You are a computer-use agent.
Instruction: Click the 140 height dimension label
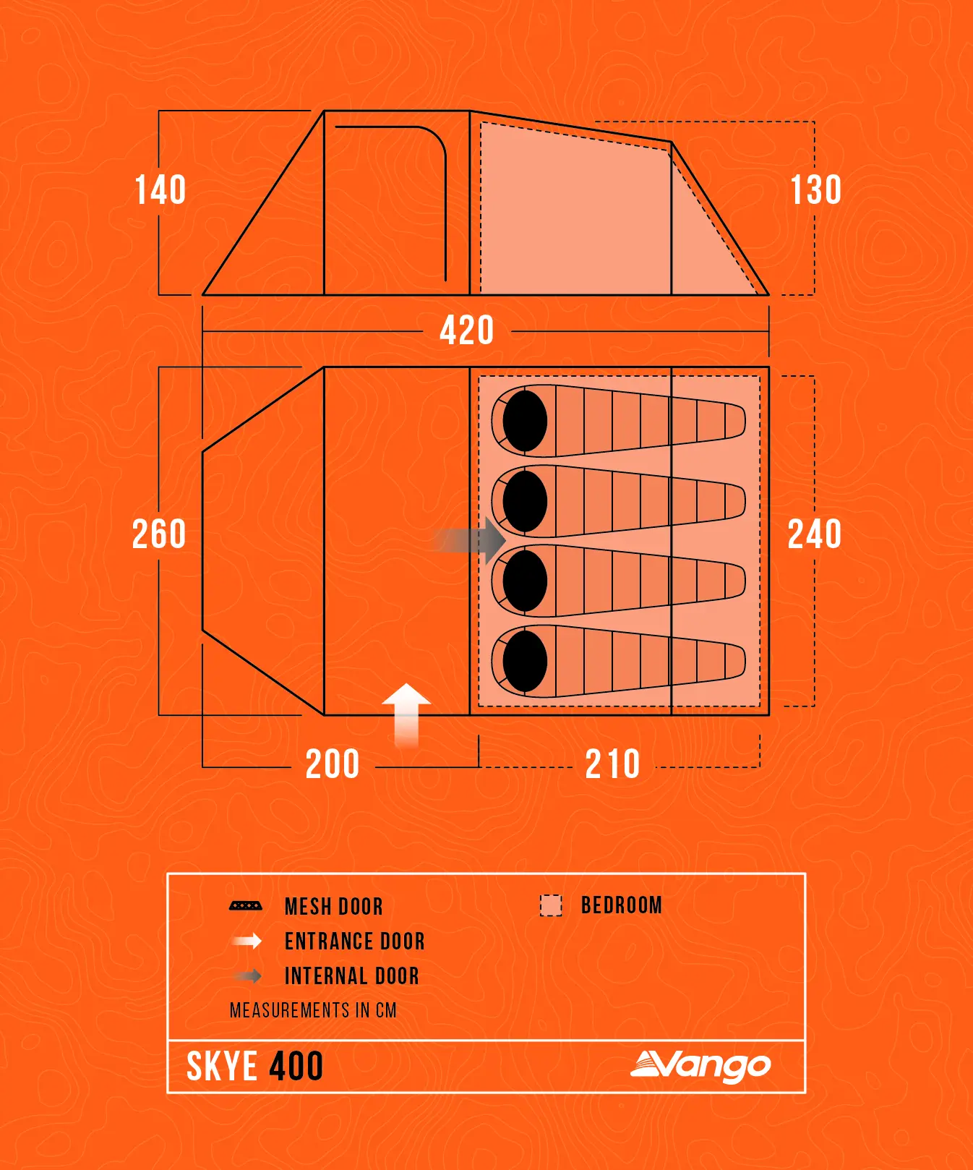tap(160, 190)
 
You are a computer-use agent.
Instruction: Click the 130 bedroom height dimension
tap(815, 190)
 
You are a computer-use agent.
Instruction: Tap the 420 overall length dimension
tap(467, 331)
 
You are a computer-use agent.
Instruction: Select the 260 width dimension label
tap(159, 534)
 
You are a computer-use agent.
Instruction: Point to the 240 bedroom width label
tap(815, 534)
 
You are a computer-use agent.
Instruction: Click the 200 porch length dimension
tap(333, 764)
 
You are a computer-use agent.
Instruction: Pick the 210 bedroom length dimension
tap(612, 764)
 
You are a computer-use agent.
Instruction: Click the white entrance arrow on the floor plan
tap(406, 714)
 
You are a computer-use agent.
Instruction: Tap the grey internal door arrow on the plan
tap(470, 540)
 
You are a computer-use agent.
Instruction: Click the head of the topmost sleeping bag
tap(525, 421)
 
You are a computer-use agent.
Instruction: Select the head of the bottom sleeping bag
tap(525, 661)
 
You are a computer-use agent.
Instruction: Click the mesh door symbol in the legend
tap(246, 906)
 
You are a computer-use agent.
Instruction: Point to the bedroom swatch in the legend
tap(551, 905)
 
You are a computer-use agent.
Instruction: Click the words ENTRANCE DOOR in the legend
tap(354, 941)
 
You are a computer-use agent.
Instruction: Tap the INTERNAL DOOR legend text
tap(351, 976)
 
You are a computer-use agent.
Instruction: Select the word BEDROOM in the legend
tap(622, 905)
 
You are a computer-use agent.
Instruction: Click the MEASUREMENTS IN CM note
tap(313, 1010)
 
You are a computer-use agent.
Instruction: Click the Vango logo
tap(700, 1066)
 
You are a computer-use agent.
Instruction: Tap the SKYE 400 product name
tap(254, 1067)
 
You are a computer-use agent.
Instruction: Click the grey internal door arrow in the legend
tap(248, 976)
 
